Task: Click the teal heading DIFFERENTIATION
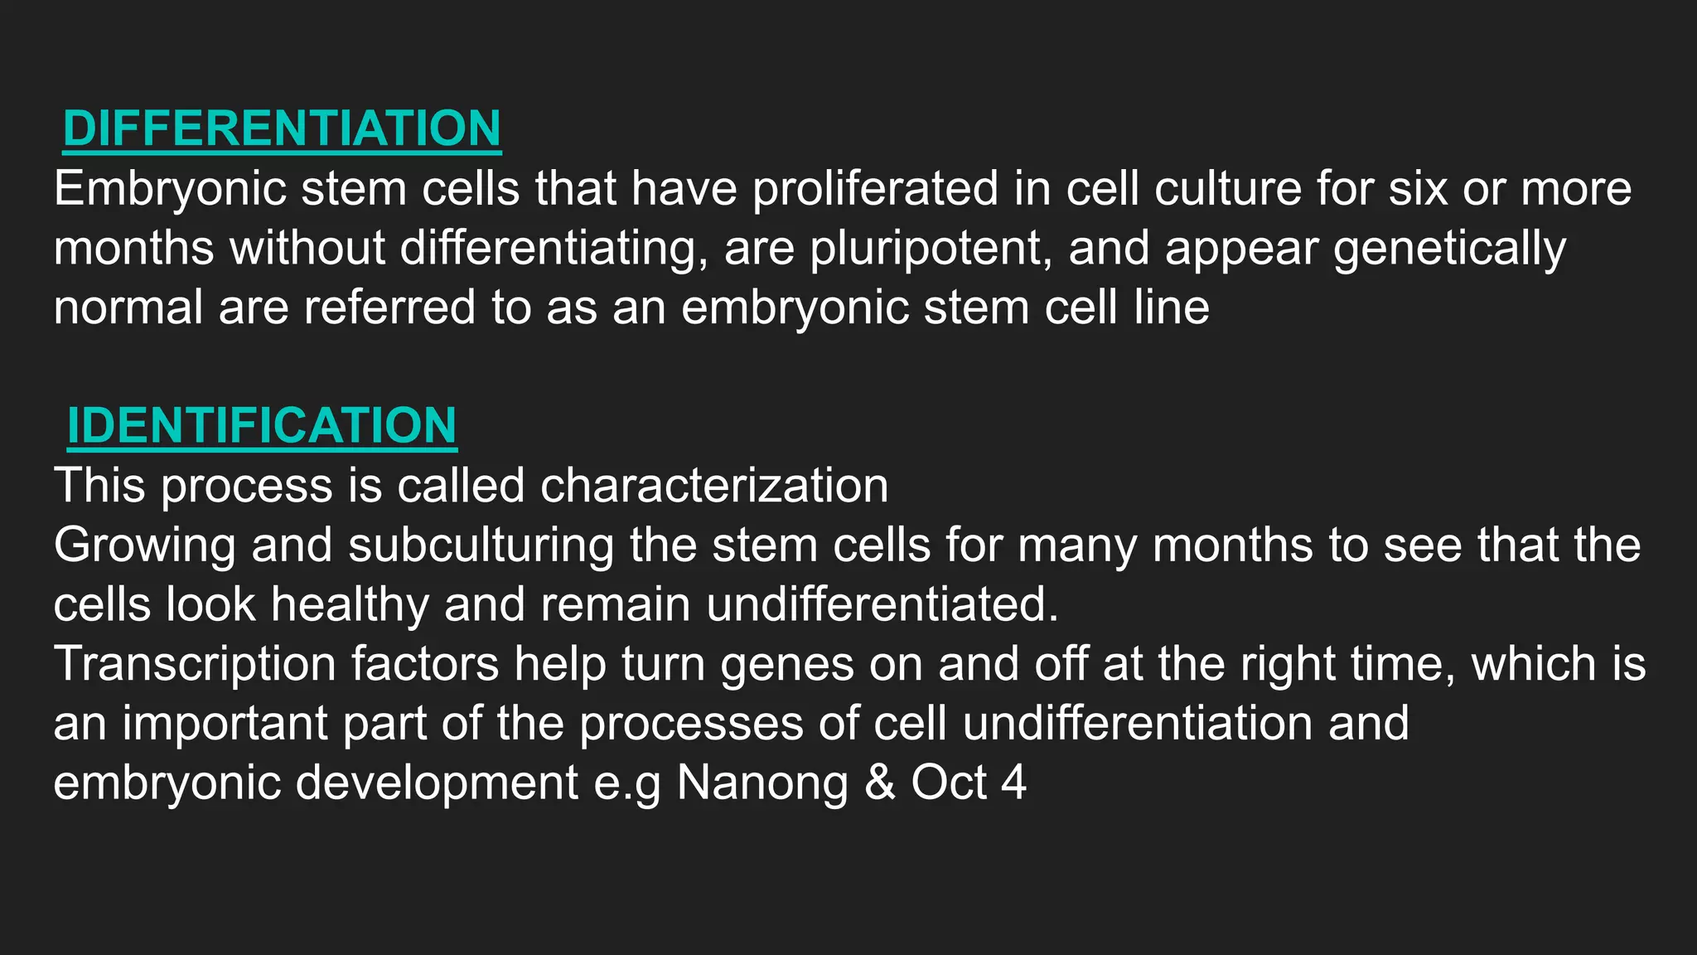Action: point(282,128)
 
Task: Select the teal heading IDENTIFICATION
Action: point(262,425)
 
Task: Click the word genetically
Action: point(1449,249)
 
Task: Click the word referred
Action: point(389,308)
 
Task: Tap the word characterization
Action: point(714,485)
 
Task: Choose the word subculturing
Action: point(481,545)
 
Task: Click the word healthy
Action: point(350,604)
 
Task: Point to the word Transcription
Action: point(195,664)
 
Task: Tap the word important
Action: point(225,724)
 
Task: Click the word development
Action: point(438,783)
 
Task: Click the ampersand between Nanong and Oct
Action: point(880,783)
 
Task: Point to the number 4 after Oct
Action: point(1013,783)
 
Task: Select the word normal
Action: point(128,308)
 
